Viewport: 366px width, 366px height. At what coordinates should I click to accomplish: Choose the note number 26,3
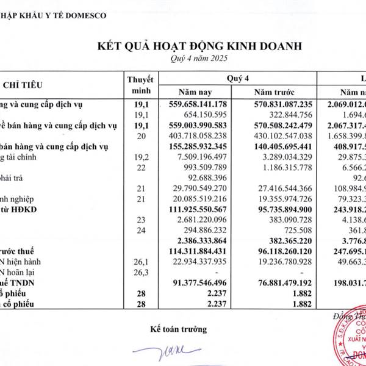tap(142, 273)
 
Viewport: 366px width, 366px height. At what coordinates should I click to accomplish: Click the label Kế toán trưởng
tap(179, 329)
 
